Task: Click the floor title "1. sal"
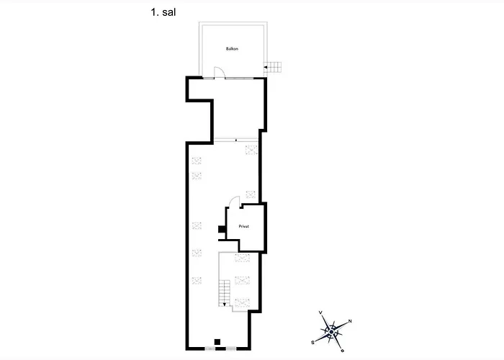click(163, 12)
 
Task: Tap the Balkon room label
click(232, 49)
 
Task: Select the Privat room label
click(244, 226)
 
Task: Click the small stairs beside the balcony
click(273, 67)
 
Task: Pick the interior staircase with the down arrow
click(225, 293)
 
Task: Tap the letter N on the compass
click(350, 321)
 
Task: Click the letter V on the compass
click(320, 312)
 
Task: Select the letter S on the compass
click(312, 343)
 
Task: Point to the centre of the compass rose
click(331, 331)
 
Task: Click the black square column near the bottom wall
click(217, 342)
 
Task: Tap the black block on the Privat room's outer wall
click(222, 229)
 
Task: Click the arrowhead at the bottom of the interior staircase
click(225, 304)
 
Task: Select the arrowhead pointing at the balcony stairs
click(265, 67)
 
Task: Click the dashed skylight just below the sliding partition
click(251, 150)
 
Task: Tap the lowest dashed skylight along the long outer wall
click(197, 280)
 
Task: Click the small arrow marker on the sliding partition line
click(236, 140)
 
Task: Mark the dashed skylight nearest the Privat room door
click(251, 194)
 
